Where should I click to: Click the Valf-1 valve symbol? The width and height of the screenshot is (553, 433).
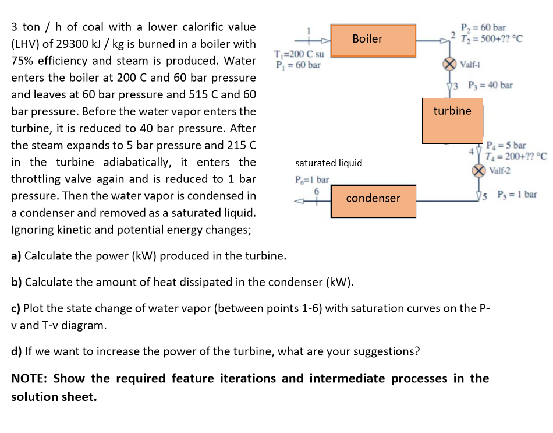pos(449,64)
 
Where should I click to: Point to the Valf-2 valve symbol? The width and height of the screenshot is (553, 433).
pos(478,171)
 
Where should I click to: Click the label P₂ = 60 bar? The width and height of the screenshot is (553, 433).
pos(483,28)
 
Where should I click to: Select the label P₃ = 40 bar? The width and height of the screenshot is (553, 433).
pos(487,85)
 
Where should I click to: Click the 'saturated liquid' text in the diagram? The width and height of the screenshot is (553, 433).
pos(328,163)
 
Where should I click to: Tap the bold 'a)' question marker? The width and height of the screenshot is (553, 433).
pos(17,256)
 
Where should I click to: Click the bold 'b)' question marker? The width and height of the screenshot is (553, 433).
pos(17,283)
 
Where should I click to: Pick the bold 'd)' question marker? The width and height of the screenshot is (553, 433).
pos(17,351)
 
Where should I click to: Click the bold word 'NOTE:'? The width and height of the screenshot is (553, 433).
pos(30,379)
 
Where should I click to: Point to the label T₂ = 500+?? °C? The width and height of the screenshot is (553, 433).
pos(491,39)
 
